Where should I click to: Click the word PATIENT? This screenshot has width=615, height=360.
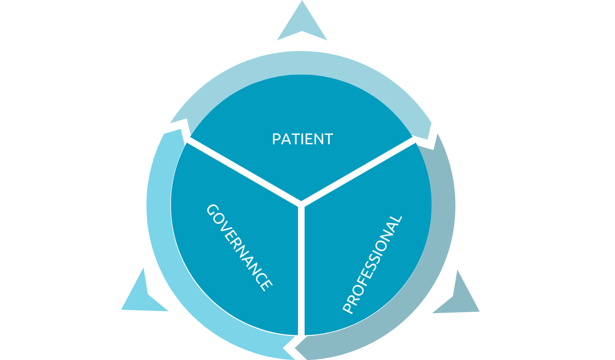click(302, 139)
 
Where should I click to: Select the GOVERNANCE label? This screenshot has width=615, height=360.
click(239, 247)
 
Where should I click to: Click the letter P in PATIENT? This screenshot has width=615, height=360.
click(276, 139)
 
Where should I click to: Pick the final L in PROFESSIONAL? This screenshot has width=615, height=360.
click(397, 220)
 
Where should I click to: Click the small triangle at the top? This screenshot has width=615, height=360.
click(302, 24)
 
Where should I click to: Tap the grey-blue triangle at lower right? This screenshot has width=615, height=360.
click(460, 298)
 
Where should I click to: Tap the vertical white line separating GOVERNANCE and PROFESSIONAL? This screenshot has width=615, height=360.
click(301, 270)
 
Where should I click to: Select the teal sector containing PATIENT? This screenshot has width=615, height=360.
click(301, 109)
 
